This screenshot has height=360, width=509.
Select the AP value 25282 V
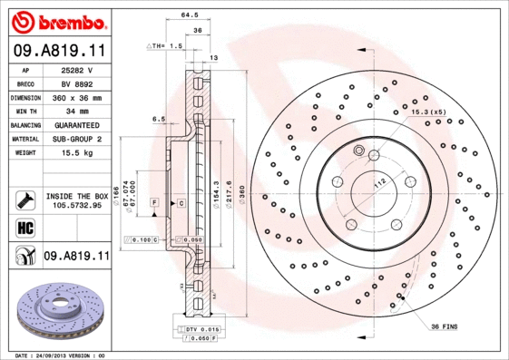76,69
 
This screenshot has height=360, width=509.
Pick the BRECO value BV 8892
76,83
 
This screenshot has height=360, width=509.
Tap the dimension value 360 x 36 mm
76,96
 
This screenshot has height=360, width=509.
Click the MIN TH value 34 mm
76,111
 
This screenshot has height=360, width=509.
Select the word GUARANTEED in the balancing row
76,124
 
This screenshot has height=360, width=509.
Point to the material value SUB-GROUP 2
76,139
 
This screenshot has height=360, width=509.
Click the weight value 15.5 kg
76,153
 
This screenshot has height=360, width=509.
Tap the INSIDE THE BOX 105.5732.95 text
76,200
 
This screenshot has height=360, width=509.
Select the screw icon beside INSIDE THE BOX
24,199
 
